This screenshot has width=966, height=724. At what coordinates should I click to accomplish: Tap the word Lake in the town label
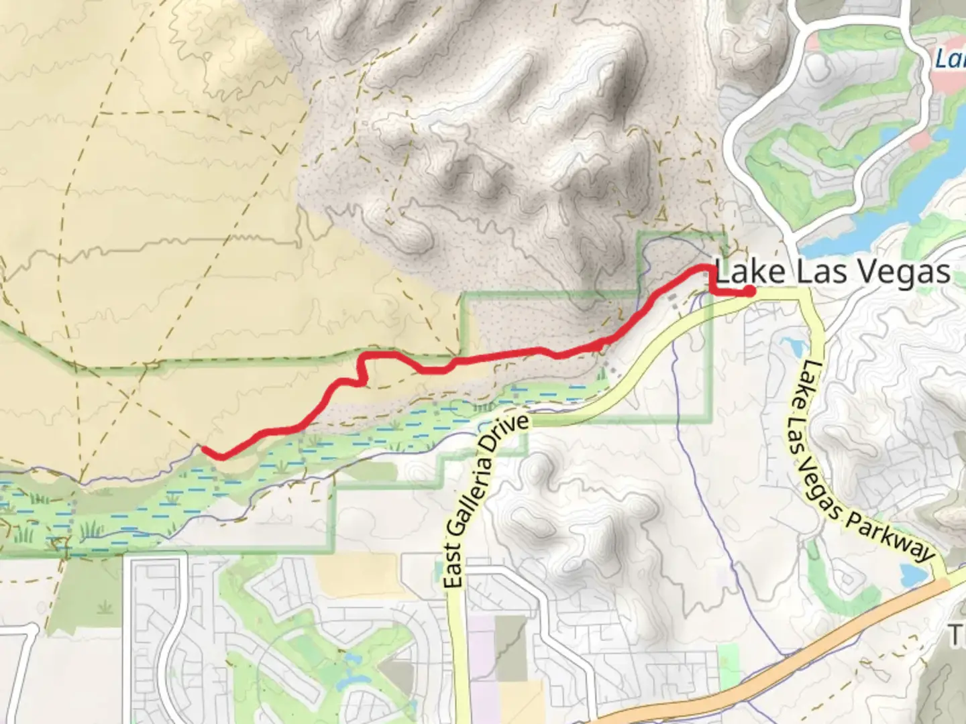[750, 273]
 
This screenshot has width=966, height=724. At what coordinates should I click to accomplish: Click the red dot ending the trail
[749, 291]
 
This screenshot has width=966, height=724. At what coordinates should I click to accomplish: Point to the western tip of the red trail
[203, 448]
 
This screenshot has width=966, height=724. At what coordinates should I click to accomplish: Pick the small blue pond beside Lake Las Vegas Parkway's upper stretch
[792, 346]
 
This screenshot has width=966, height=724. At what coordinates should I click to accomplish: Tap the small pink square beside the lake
[920, 140]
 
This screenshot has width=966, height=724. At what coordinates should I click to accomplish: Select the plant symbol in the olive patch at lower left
[104, 607]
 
